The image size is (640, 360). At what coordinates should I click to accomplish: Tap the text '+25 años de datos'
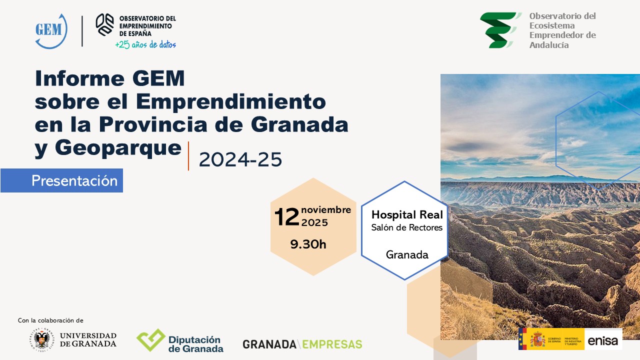click(145, 44)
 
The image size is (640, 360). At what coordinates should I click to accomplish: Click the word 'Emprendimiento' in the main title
click(231, 101)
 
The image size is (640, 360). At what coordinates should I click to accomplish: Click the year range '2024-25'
click(240, 159)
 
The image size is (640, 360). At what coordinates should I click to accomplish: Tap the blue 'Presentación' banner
click(74, 180)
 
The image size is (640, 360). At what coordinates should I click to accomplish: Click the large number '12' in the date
click(286, 216)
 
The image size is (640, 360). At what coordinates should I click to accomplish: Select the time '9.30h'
click(308, 244)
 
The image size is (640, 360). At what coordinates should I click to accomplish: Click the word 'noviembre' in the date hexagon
click(326, 209)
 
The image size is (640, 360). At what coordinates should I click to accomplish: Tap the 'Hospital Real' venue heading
click(407, 215)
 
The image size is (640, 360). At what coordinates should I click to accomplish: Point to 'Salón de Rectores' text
click(406, 228)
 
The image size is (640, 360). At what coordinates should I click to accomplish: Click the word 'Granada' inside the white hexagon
click(407, 254)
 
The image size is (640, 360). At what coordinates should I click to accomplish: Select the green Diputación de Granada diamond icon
click(151, 340)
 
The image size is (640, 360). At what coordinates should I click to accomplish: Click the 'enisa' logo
click(603, 341)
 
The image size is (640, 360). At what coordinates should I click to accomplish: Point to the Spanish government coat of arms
click(538, 339)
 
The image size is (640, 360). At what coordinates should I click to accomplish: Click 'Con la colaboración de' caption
click(50, 320)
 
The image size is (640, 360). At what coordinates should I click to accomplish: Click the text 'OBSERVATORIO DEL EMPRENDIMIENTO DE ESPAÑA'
click(147, 25)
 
